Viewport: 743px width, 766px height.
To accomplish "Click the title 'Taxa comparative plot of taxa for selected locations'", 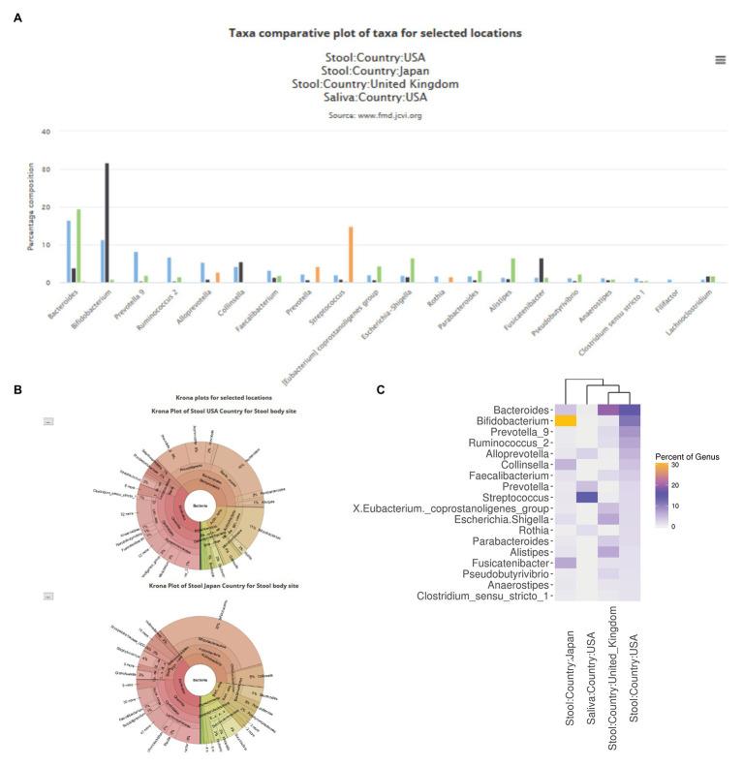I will pos(375,33).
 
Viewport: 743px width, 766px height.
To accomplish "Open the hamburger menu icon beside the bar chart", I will pos(720,60).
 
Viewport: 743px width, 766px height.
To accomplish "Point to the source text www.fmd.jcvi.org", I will pos(374,116).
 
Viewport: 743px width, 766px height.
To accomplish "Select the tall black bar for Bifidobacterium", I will pos(107,223).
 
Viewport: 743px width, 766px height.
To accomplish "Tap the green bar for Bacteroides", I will pos(78,246).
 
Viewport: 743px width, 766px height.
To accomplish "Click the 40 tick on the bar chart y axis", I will pos(46,132).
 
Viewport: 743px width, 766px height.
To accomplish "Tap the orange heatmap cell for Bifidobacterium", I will pos(566,421).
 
